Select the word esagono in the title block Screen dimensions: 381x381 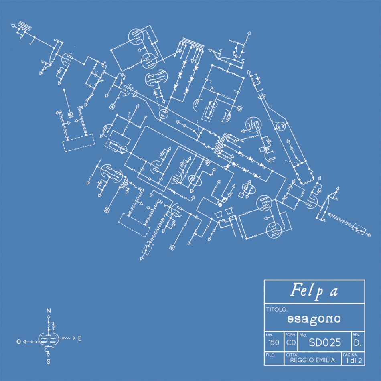coord(314,319)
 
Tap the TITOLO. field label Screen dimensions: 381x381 coord(276,310)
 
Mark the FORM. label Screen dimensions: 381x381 coord(290,334)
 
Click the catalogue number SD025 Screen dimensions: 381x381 coord(324,342)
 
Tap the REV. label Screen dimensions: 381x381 coord(356,334)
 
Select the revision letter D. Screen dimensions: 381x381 coord(357,343)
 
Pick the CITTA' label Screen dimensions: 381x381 coord(292,355)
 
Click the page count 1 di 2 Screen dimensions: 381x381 coord(353,361)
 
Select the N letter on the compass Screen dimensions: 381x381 coord(49,311)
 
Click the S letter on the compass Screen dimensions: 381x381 coord(48,361)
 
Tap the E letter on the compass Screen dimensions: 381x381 coord(80,339)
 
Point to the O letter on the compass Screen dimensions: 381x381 coord(18,341)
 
